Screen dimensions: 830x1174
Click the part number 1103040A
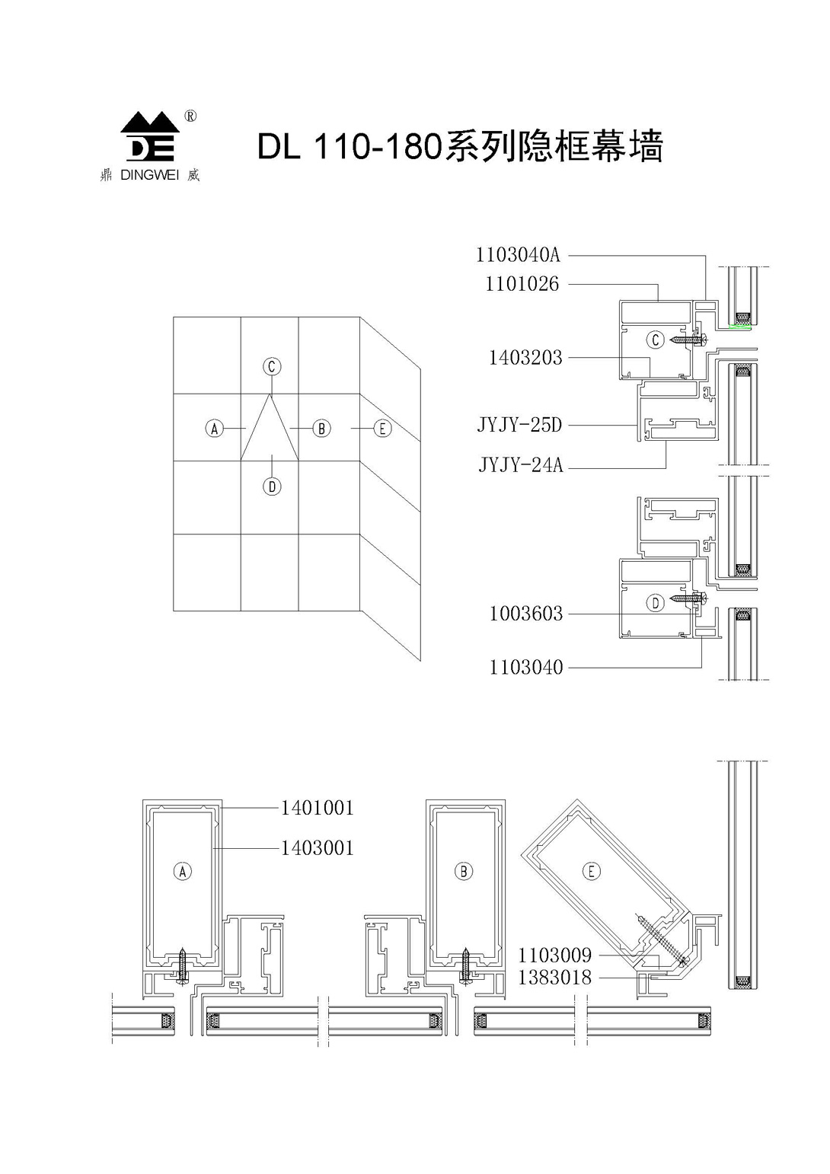point(518,255)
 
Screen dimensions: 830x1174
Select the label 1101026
point(522,284)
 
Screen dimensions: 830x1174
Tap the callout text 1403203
point(525,358)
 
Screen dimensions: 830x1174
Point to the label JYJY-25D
point(519,425)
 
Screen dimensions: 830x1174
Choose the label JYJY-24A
point(520,465)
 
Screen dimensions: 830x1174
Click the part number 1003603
point(526,613)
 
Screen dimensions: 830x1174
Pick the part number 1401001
point(318,808)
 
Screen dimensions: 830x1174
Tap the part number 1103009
point(555,955)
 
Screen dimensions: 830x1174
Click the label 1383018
point(555,978)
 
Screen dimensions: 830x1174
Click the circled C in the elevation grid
point(272,366)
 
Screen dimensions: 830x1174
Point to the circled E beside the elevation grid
point(382,429)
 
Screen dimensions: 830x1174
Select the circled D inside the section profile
point(656,603)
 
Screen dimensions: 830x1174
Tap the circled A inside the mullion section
point(183,872)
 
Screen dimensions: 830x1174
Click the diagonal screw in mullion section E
point(662,941)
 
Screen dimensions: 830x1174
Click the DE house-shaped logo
point(150,136)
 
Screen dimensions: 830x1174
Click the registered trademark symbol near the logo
point(191,116)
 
